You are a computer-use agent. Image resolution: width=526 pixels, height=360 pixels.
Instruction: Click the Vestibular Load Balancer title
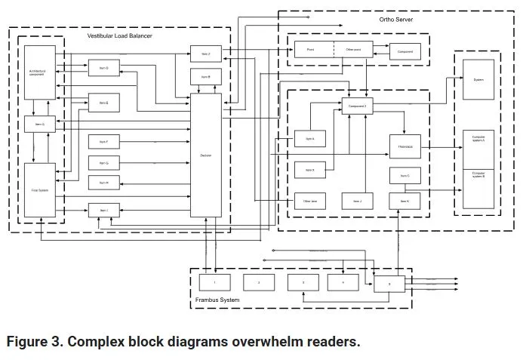point(120,36)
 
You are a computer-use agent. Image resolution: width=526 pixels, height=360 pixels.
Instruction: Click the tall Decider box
point(205,154)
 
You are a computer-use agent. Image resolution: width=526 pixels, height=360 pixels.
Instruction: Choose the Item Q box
point(38,123)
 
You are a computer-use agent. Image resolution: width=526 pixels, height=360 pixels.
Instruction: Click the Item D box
point(103,69)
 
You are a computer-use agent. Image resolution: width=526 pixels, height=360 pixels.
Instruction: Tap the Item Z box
point(205,54)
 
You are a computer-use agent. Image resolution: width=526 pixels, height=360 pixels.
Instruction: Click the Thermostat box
point(404,146)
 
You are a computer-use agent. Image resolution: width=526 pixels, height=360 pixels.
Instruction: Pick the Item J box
point(357,201)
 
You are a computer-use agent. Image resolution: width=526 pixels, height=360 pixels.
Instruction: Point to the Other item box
point(309,201)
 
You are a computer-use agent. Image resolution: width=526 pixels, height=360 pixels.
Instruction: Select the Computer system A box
point(478,140)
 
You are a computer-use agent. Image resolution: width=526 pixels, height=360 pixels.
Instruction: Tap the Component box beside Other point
point(404,52)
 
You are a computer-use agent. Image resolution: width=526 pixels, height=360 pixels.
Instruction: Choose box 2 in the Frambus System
point(258,282)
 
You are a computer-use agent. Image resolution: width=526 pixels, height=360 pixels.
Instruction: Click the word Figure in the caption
point(32,342)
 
